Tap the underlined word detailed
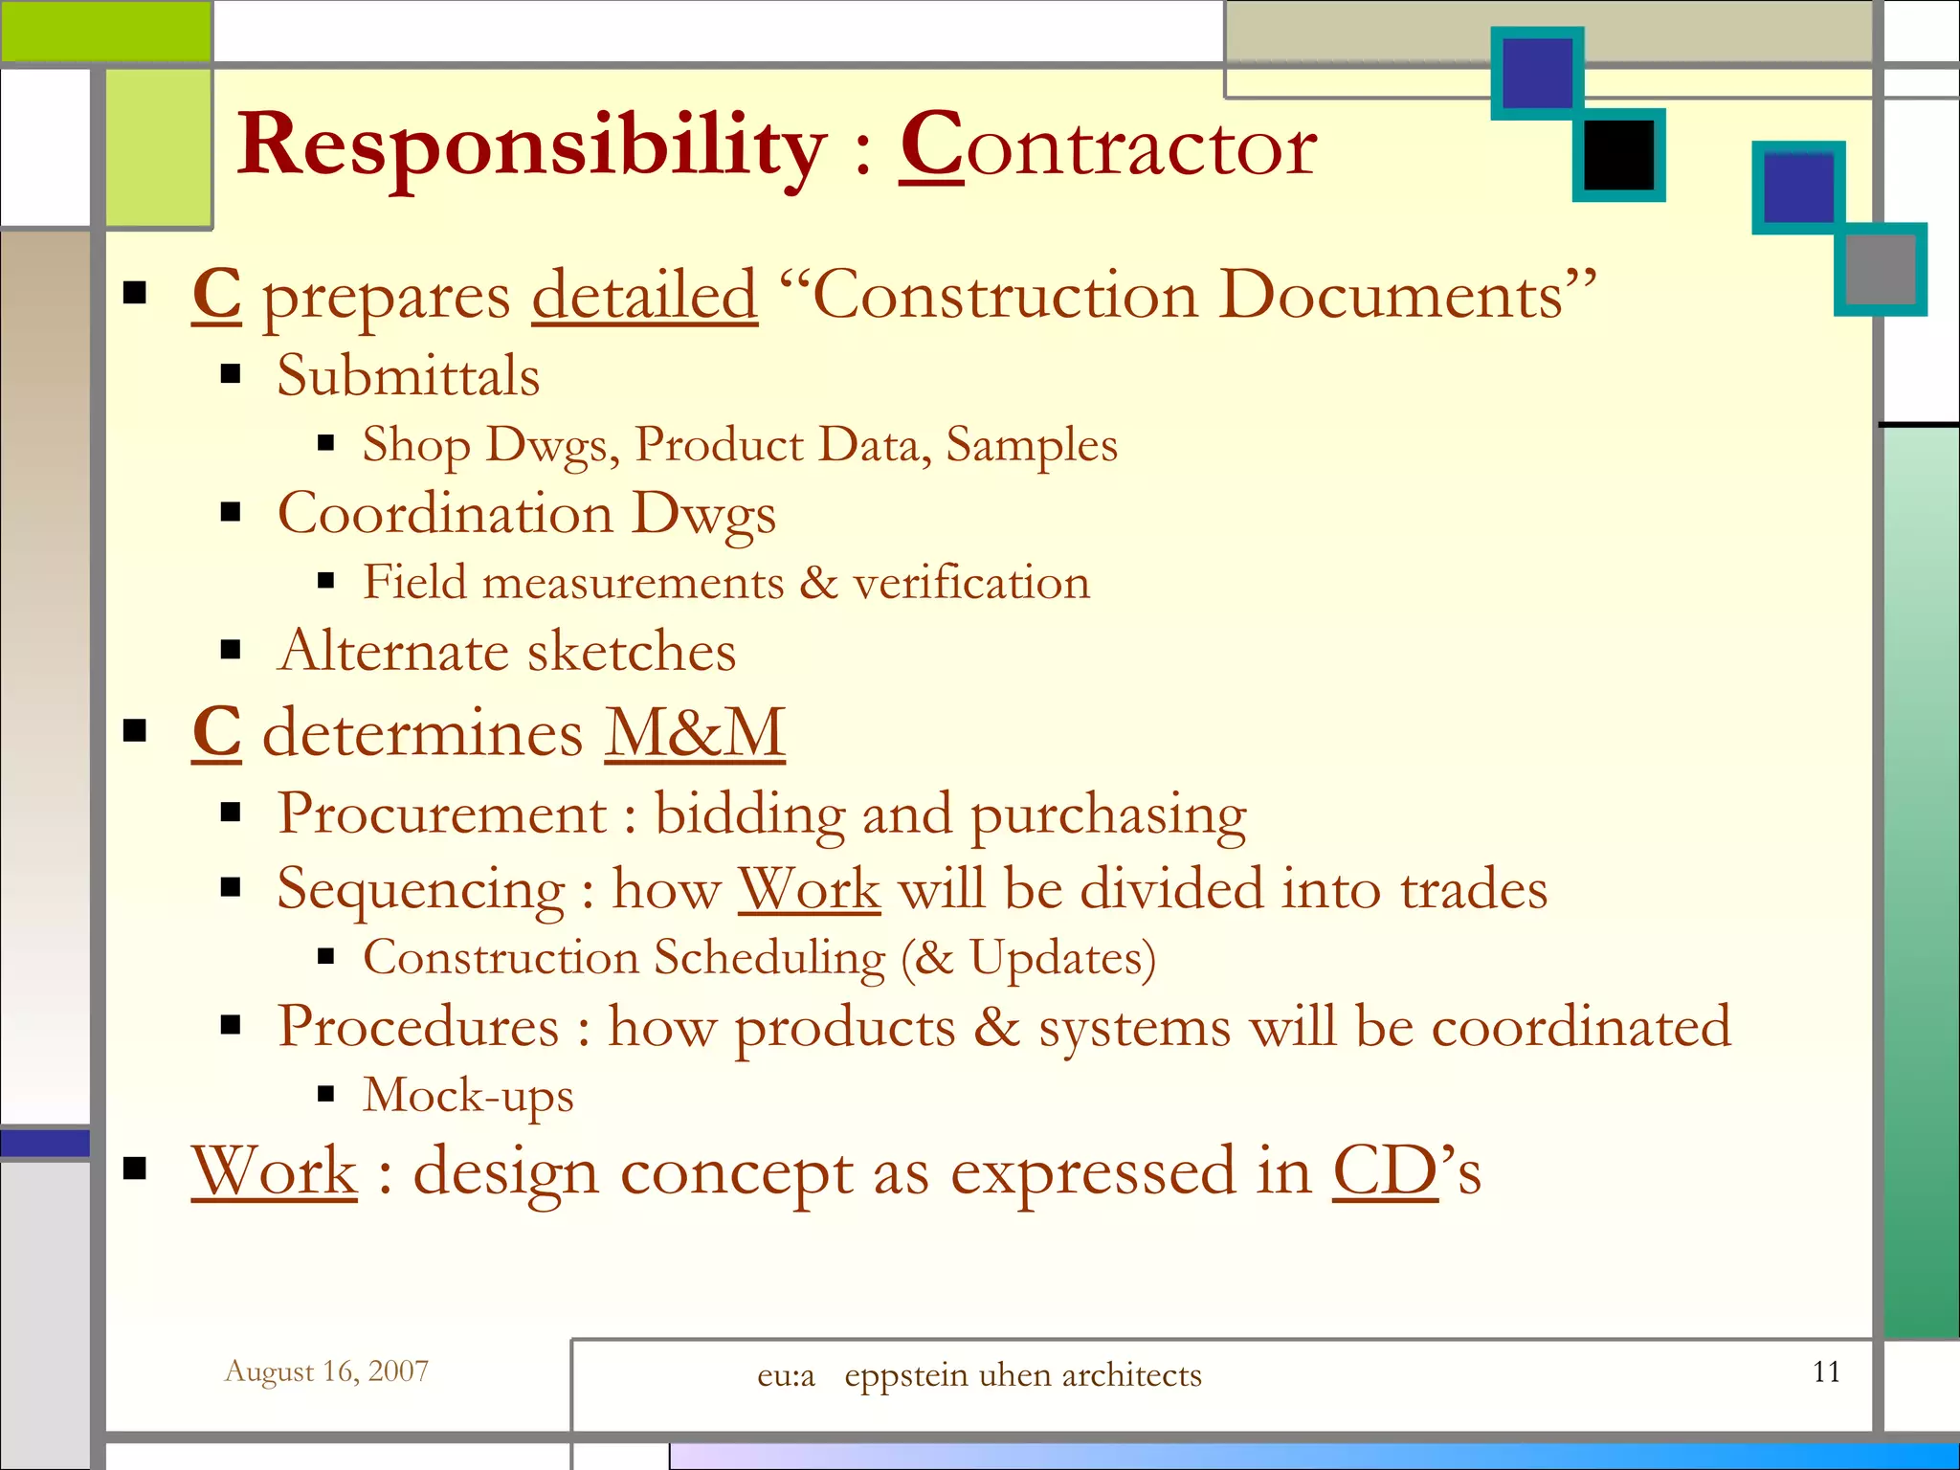pyautogui.click(x=644, y=296)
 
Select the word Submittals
pyautogui.click(x=408, y=375)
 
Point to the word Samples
pyautogui.click(x=1031, y=445)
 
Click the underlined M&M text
pyautogui.click(x=694, y=733)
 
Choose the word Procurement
pyautogui.click(x=442, y=814)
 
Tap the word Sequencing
pyautogui.click(x=421, y=889)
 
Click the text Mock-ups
pyautogui.click(x=468, y=1095)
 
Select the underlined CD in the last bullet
pyautogui.click(x=1385, y=1170)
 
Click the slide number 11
pyautogui.click(x=1826, y=1371)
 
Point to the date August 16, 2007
pyautogui.click(x=326, y=1371)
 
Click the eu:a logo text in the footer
pyautogui.click(x=786, y=1375)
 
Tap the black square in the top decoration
pyautogui.click(x=1618, y=155)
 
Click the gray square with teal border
pyautogui.click(x=1880, y=269)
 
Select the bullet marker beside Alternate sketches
pyautogui.click(x=231, y=651)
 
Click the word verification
pyautogui.click(x=970, y=583)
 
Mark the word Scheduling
pyautogui.click(x=769, y=958)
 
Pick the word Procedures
pyautogui.click(x=418, y=1027)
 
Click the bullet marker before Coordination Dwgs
pyautogui.click(x=231, y=513)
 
